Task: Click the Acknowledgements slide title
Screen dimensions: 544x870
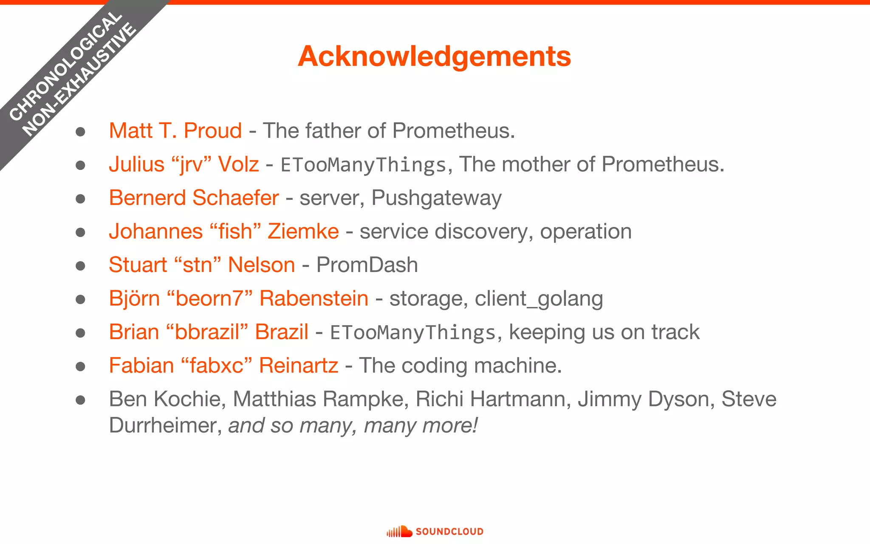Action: [434, 56]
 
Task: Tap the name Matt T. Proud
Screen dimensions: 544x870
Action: [175, 130]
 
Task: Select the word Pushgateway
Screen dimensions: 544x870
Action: [436, 198]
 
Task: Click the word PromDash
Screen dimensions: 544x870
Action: [367, 265]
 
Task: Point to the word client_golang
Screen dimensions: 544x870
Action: [539, 299]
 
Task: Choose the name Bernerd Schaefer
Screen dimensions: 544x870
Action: [194, 198]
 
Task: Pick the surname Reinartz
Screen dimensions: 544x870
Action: [299, 365]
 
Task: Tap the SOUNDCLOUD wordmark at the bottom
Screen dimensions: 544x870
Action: [449, 532]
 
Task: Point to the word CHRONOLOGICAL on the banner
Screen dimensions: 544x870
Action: [66, 66]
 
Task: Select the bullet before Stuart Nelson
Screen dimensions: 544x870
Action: [80, 266]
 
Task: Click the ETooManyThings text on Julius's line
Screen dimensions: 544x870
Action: [364, 165]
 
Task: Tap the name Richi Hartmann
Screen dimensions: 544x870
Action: [493, 399]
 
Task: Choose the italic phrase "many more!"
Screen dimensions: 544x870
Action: [421, 425]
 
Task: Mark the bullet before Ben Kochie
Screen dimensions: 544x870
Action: [80, 400]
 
